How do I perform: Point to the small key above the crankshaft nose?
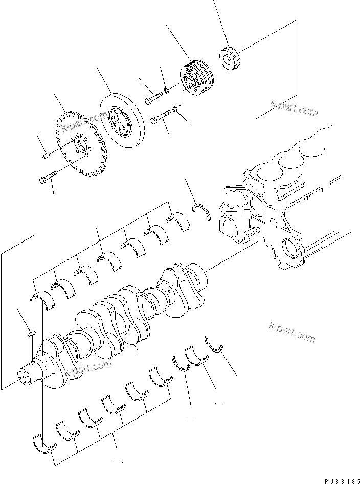[30, 334]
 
